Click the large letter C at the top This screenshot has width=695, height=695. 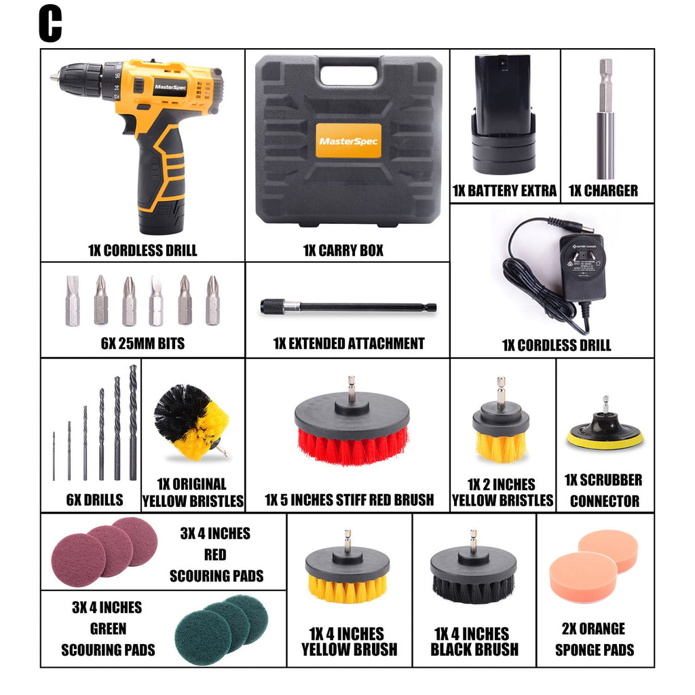tap(50, 24)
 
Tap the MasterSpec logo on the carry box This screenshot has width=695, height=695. tap(349, 142)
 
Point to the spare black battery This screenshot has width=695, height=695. tap(503, 112)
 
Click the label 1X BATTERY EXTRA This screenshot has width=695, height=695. tap(504, 191)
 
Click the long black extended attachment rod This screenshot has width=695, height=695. tap(348, 307)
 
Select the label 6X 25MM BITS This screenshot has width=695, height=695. tap(143, 343)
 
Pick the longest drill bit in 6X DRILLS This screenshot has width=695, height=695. tap(132, 421)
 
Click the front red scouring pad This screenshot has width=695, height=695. tap(79, 559)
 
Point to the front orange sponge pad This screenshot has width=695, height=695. tap(583, 576)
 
